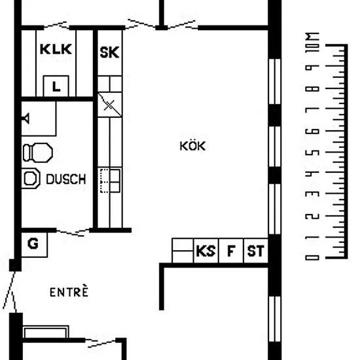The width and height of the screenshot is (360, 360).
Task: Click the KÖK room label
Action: (x=192, y=146)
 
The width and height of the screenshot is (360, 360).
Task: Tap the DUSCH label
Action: (x=66, y=179)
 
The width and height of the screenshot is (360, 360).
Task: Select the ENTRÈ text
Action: (x=69, y=291)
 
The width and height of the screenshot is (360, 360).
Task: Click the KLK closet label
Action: (x=56, y=49)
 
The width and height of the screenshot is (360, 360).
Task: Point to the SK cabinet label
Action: (x=109, y=52)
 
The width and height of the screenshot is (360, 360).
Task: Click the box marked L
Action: (x=56, y=86)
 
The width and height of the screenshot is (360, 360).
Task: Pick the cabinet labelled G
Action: (x=34, y=245)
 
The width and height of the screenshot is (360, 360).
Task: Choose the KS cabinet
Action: (x=206, y=251)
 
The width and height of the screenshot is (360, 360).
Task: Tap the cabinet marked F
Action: (x=231, y=251)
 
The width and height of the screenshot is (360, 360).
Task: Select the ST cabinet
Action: (x=255, y=251)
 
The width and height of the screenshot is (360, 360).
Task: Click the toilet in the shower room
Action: (x=38, y=153)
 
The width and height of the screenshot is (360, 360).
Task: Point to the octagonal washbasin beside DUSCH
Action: (x=31, y=179)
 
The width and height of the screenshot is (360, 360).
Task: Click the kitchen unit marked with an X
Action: (x=110, y=105)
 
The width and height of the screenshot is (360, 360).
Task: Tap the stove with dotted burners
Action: (x=110, y=181)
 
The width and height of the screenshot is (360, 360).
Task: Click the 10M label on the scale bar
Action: (x=312, y=43)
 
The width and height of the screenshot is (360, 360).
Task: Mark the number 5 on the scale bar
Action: (x=312, y=153)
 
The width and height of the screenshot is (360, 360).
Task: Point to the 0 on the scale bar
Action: (x=312, y=258)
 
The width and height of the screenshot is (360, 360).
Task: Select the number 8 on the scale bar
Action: (x=312, y=89)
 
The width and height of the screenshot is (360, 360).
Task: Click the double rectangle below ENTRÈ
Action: (x=46, y=332)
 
